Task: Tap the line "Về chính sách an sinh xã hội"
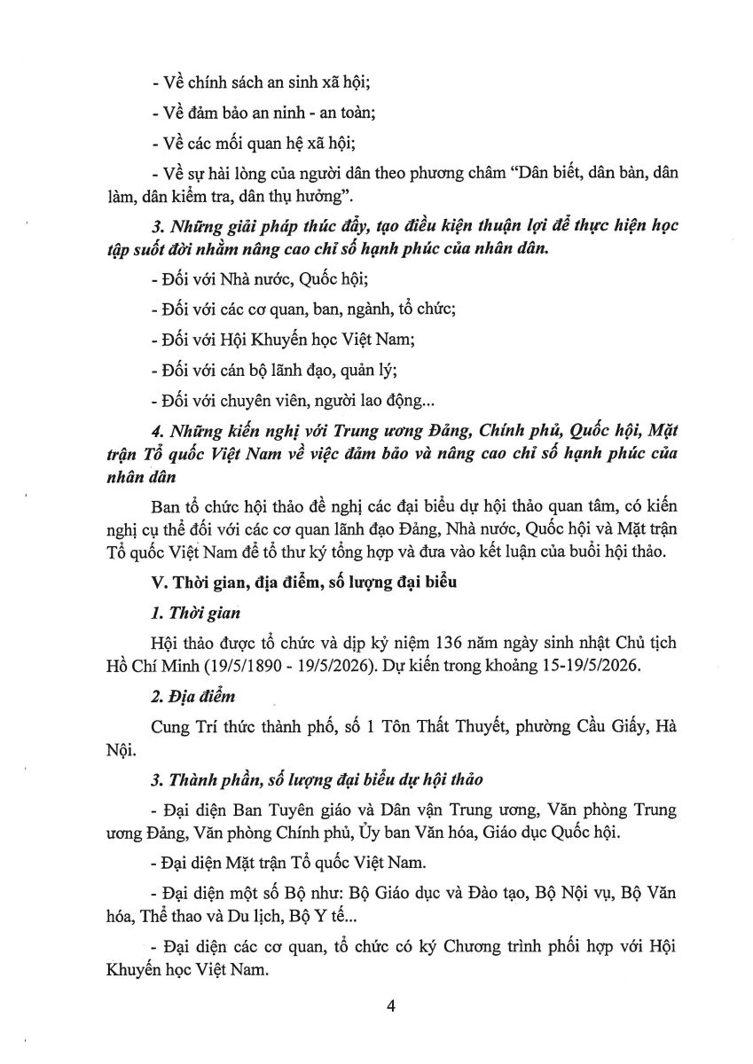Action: pyautogui.click(x=261, y=84)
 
